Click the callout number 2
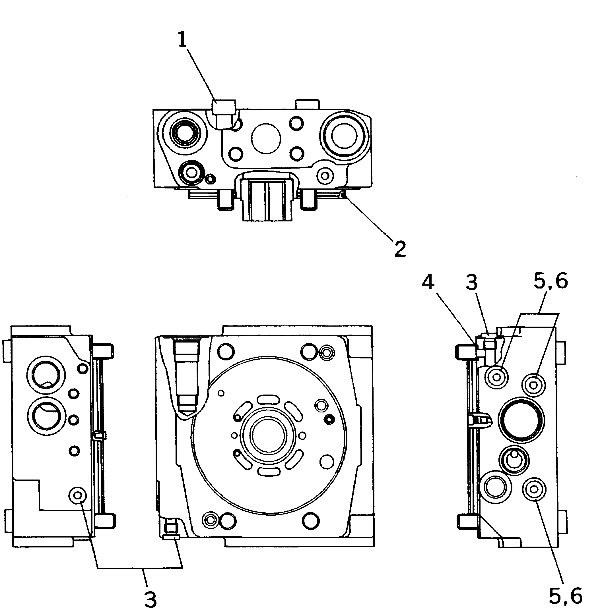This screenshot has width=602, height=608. [x=400, y=249]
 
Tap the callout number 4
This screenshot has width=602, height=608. [x=428, y=283]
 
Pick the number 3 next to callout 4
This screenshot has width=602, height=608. [x=472, y=283]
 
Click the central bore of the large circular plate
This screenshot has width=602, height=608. [x=268, y=439]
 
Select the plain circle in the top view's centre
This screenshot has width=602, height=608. [x=266, y=138]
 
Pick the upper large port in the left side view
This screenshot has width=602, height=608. [x=47, y=375]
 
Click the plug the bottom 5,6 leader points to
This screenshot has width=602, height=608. [x=534, y=489]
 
